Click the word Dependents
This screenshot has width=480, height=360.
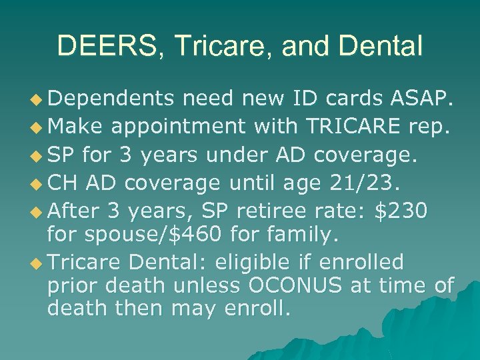click(x=110, y=99)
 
